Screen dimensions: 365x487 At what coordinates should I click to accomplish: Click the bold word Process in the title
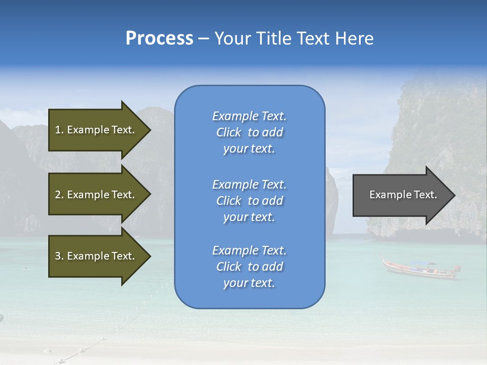pyautogui.click(x=159, y=39)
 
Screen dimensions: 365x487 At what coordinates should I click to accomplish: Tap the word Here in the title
pyautogui.click(x=354, y=39)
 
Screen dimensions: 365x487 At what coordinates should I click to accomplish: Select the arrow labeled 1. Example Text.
pyautogui.click(x=96, y=130)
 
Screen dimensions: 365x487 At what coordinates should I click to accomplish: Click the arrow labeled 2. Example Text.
pyautogui.click(x=96, y=195)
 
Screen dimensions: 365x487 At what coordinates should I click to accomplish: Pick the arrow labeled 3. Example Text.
pyautogui.click(x=96, y=256)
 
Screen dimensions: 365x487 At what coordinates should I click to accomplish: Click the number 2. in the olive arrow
pyautogui.click(x=59, y=195)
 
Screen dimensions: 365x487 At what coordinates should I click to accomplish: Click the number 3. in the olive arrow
pyautogui.click(x=59, y=256)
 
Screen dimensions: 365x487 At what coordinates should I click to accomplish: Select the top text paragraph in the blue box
pyautogui.click(x=249, y=132)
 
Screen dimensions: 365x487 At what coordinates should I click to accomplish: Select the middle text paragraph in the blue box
pyautogui.click(x=249, y=201)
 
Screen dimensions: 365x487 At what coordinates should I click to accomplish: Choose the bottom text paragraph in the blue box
pyautogui.click(x=249, y=267)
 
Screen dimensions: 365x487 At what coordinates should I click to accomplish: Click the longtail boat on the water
pyautogui.click(x=419, y=271)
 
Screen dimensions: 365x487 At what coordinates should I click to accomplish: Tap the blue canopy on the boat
pyautogui.click(x=423, y=264)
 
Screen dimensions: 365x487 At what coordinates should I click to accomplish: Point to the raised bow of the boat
pyautogui.click(x=384, y=259)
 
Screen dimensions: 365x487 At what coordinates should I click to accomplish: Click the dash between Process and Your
pyautogui.click(x=203, y=39)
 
